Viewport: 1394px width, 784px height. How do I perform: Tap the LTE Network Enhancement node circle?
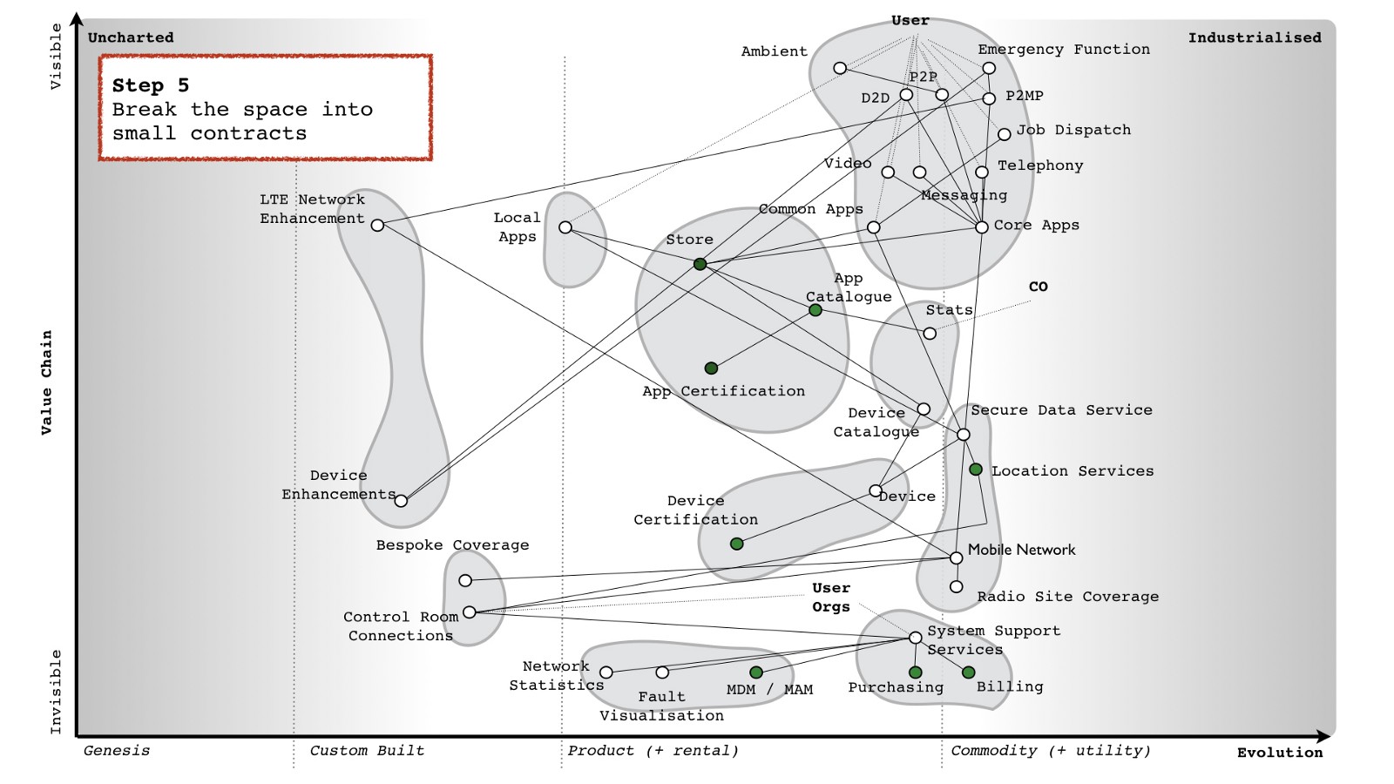point(377,225)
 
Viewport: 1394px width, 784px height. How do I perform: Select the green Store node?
point(700,263)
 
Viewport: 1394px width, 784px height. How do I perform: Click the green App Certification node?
point(711,368)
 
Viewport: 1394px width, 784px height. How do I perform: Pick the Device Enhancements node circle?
point(401,500)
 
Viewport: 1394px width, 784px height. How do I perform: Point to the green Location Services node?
point(976,470)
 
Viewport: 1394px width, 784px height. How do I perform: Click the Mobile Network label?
point(1021,550)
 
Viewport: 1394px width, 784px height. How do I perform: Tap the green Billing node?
point(968,672)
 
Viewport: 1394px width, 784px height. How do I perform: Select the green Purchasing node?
point(915,672)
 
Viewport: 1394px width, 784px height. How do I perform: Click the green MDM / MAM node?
point(756,672)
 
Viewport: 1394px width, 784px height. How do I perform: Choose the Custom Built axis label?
point(367,750)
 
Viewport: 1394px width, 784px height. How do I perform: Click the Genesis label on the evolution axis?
point(117,750)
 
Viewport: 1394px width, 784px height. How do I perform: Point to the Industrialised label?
point(1255,37)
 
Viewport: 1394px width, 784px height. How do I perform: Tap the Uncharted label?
point(131,37)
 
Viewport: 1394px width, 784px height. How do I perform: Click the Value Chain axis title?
point(47,382)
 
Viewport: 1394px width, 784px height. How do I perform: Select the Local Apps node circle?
point(565,227)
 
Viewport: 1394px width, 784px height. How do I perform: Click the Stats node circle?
point(930,334)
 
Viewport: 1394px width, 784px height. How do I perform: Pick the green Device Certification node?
point(736,544)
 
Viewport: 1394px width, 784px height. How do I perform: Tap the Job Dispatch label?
point(1073,130)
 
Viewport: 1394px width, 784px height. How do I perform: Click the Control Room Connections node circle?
point(469,612)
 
